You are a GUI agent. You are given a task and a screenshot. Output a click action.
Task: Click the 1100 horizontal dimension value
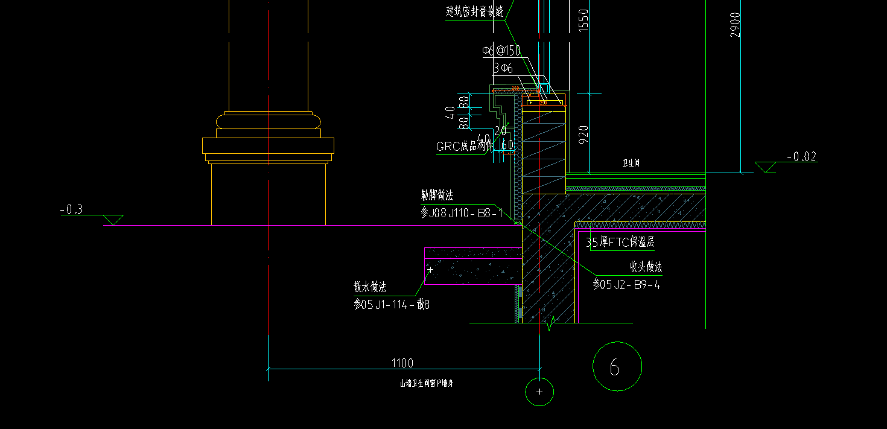point(402,363)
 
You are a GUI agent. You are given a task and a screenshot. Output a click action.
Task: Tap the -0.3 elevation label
point(71,210)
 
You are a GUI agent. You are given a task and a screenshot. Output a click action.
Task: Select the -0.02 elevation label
point(802,157)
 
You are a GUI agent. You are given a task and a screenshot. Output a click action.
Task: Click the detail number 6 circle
point(617,366)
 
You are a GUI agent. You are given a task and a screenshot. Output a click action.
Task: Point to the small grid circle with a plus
point(539,392)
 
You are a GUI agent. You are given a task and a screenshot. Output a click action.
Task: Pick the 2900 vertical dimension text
point(735,25)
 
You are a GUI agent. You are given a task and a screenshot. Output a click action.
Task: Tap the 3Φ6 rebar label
point(503,69)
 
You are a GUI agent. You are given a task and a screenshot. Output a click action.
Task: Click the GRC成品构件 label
point(465,147)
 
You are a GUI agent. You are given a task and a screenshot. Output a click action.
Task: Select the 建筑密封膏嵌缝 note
point(474,11)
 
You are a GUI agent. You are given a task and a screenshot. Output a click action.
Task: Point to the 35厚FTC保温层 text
point(620,243)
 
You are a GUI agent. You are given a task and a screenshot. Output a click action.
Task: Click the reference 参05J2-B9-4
point(626,284)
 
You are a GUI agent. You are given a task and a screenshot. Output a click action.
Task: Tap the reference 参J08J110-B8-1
point(462,212)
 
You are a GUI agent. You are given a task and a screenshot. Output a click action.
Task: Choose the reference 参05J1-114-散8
point(392,304)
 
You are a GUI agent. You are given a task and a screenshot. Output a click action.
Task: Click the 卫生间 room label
point(631,163)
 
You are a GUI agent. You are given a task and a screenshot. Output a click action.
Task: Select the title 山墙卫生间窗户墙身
point(427,383)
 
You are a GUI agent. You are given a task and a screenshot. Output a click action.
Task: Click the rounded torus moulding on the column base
point(268,121)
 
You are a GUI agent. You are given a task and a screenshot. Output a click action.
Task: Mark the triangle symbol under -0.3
point(113,220)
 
